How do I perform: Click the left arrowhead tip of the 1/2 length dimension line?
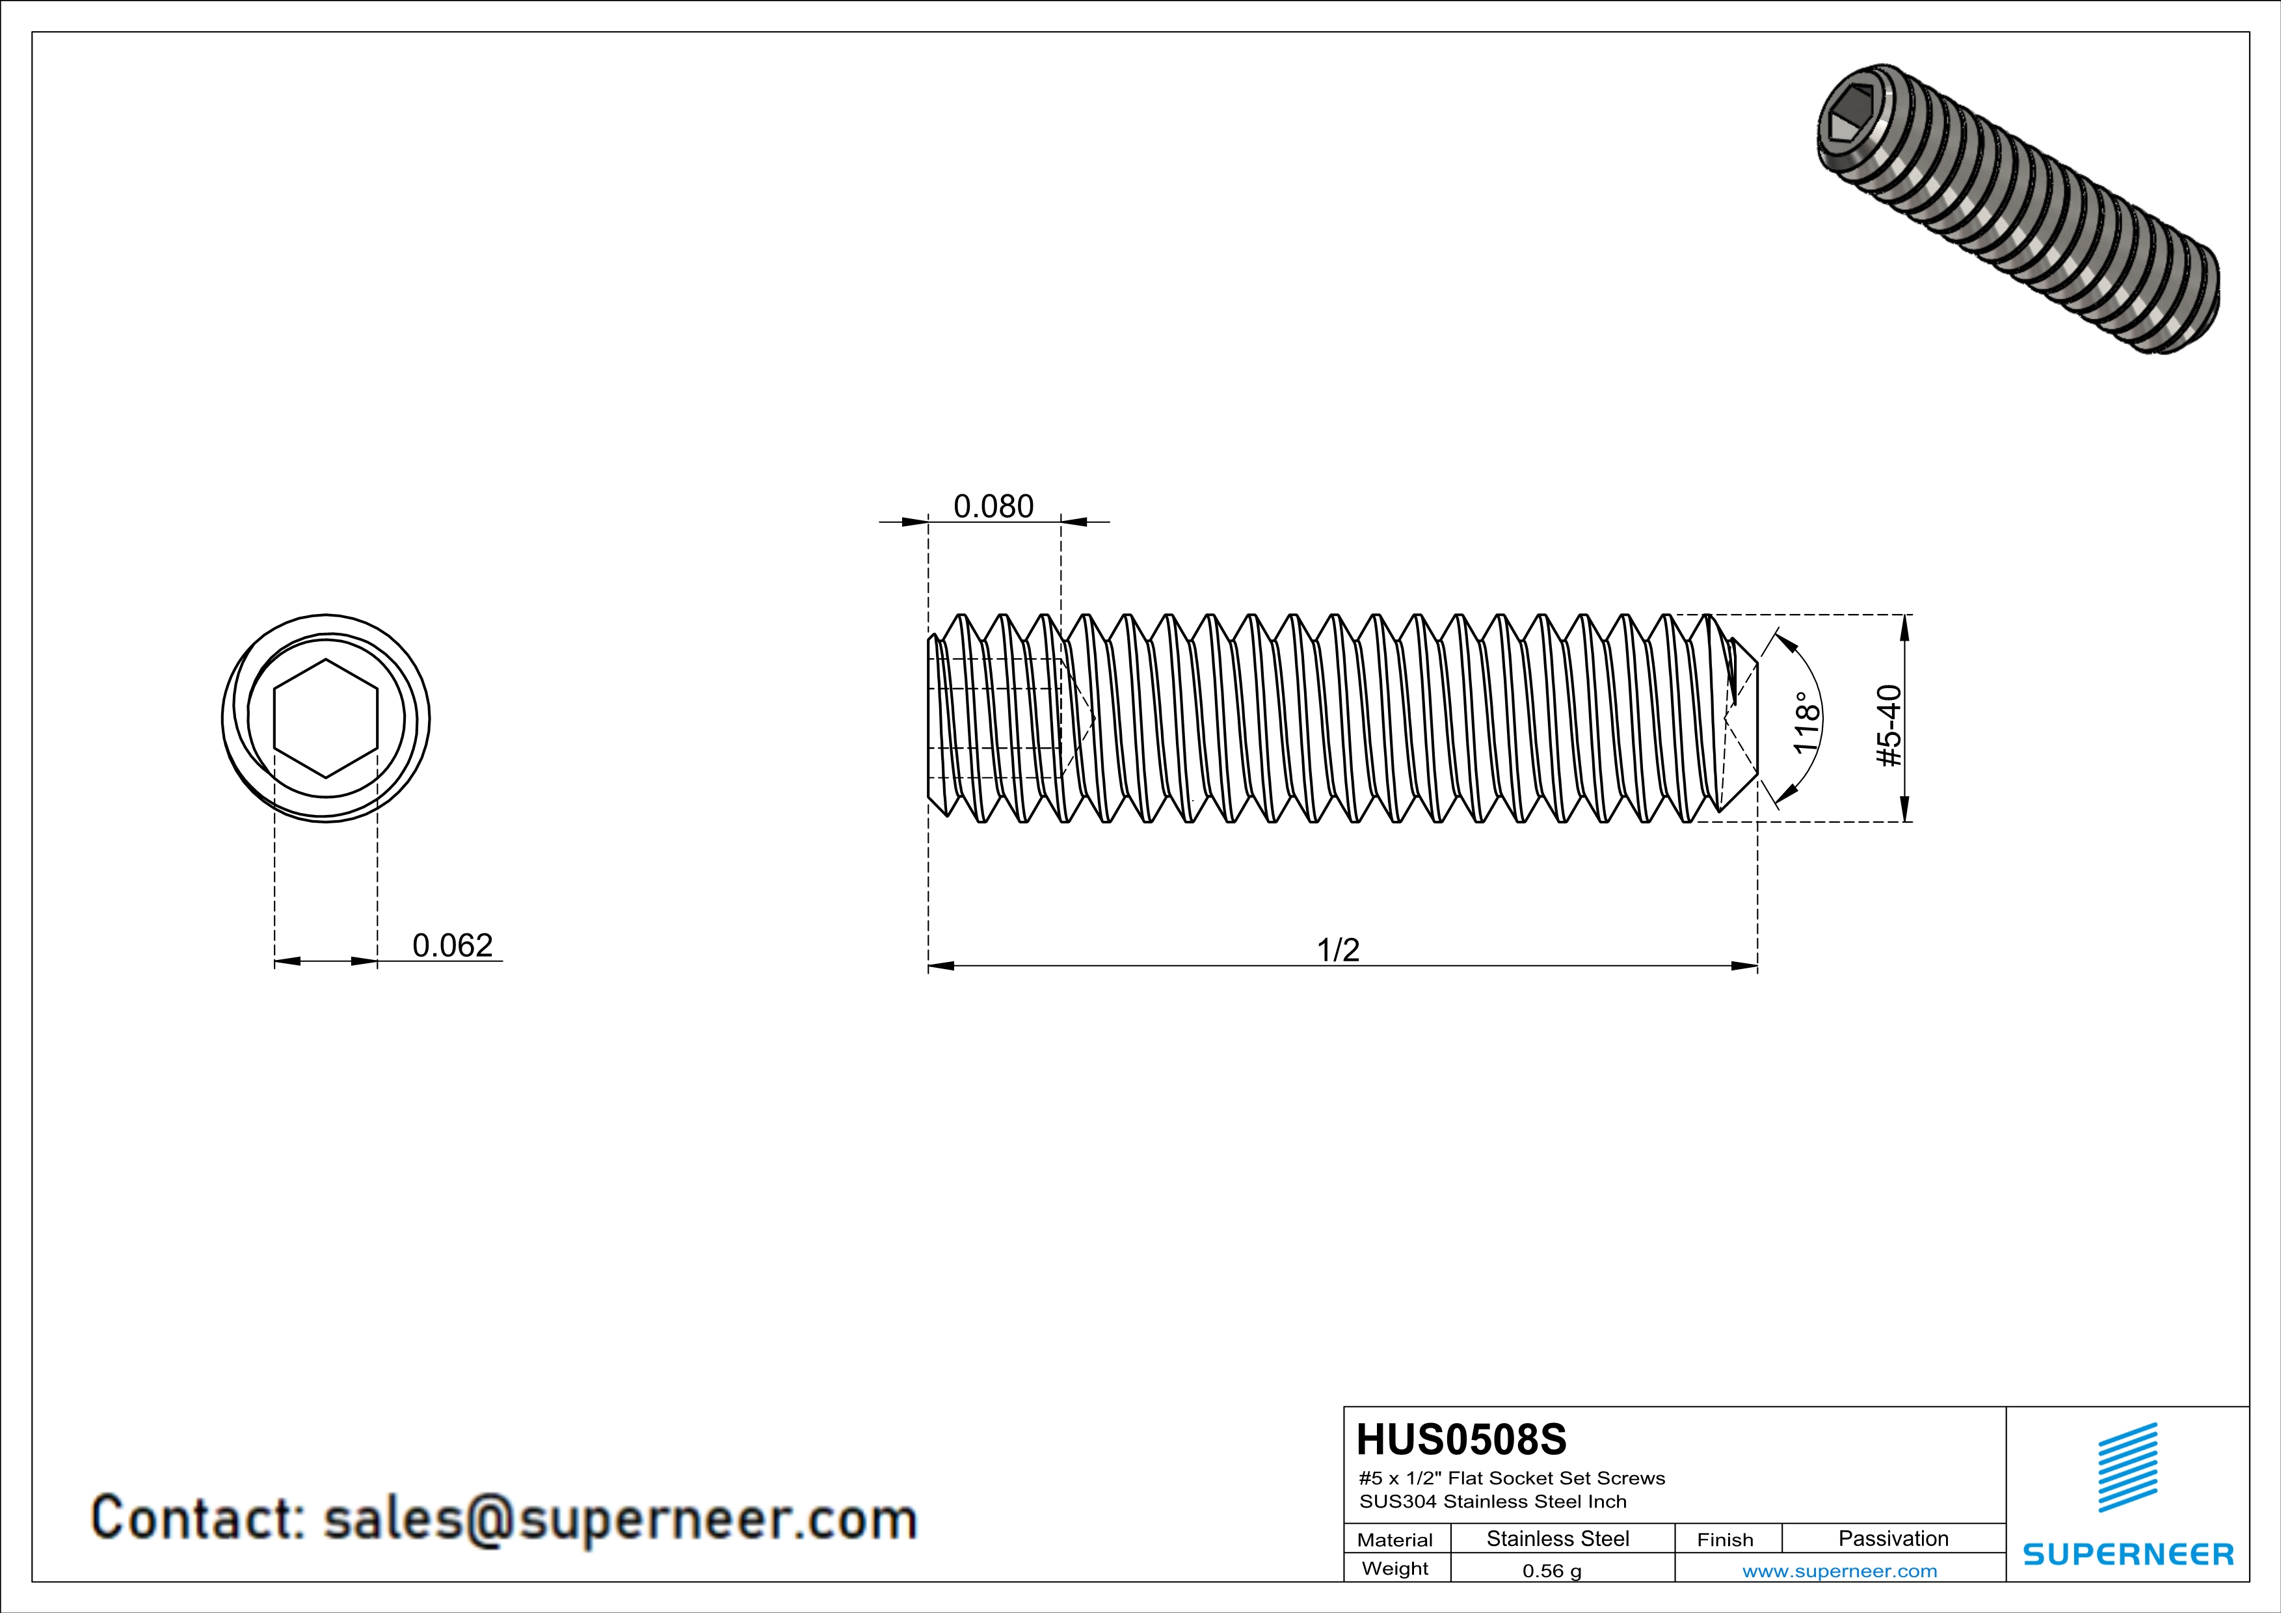click(x=929, y=965)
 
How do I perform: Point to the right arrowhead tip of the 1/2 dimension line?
click(x=1757, y=965)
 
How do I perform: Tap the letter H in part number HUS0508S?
click(x=1372, y=1439)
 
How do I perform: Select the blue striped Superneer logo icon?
click(x=2127, y=1467)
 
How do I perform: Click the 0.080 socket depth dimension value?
click(x=993, y=507)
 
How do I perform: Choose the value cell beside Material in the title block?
click(x=1558, y=1538)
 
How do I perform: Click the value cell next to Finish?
click(x=1893, y=1538)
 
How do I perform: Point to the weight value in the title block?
click(x=1552, y=1570)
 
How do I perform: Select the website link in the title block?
click(x=1840, y=1570)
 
